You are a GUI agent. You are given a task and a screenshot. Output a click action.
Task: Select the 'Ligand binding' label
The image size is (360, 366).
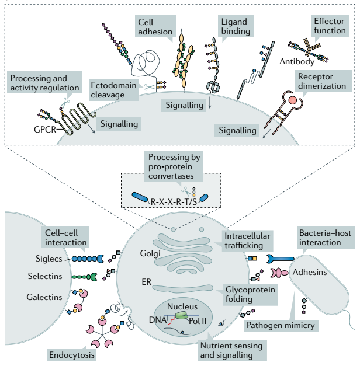click(x=232, y=26)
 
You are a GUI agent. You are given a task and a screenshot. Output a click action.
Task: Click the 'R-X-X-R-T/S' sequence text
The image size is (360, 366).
click(x=174, y=201)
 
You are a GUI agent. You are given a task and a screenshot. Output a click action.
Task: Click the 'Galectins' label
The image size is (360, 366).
click(x=44, y=297)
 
